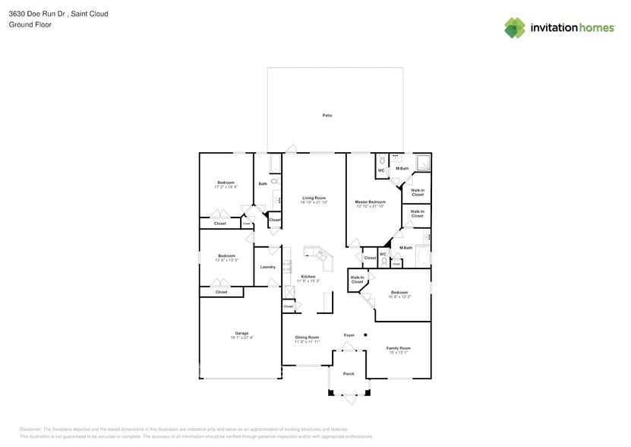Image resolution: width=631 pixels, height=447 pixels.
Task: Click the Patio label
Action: [327, 115]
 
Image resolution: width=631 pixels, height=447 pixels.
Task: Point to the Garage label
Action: [241, 334]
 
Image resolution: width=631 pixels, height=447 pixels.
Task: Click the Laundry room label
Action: [267, 267]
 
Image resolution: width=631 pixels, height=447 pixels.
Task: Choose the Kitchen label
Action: [308, 277]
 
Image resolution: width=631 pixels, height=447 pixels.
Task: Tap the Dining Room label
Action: [307, 337]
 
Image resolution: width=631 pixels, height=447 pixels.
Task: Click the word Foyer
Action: [349, 334]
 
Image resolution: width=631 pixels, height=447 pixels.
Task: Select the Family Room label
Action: [399, 347]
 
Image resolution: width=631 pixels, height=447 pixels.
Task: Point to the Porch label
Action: [349, 373]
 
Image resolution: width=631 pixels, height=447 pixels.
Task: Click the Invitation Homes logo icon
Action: [515, 27]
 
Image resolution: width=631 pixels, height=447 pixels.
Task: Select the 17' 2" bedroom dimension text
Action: [226, 186]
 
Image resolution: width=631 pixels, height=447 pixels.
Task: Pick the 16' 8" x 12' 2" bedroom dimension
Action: [399, 296]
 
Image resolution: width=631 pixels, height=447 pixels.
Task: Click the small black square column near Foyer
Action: [365, 334]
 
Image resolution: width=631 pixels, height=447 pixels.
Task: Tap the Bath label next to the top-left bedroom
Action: [263, 183]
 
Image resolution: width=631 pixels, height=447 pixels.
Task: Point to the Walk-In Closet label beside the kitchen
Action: [357, 280]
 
